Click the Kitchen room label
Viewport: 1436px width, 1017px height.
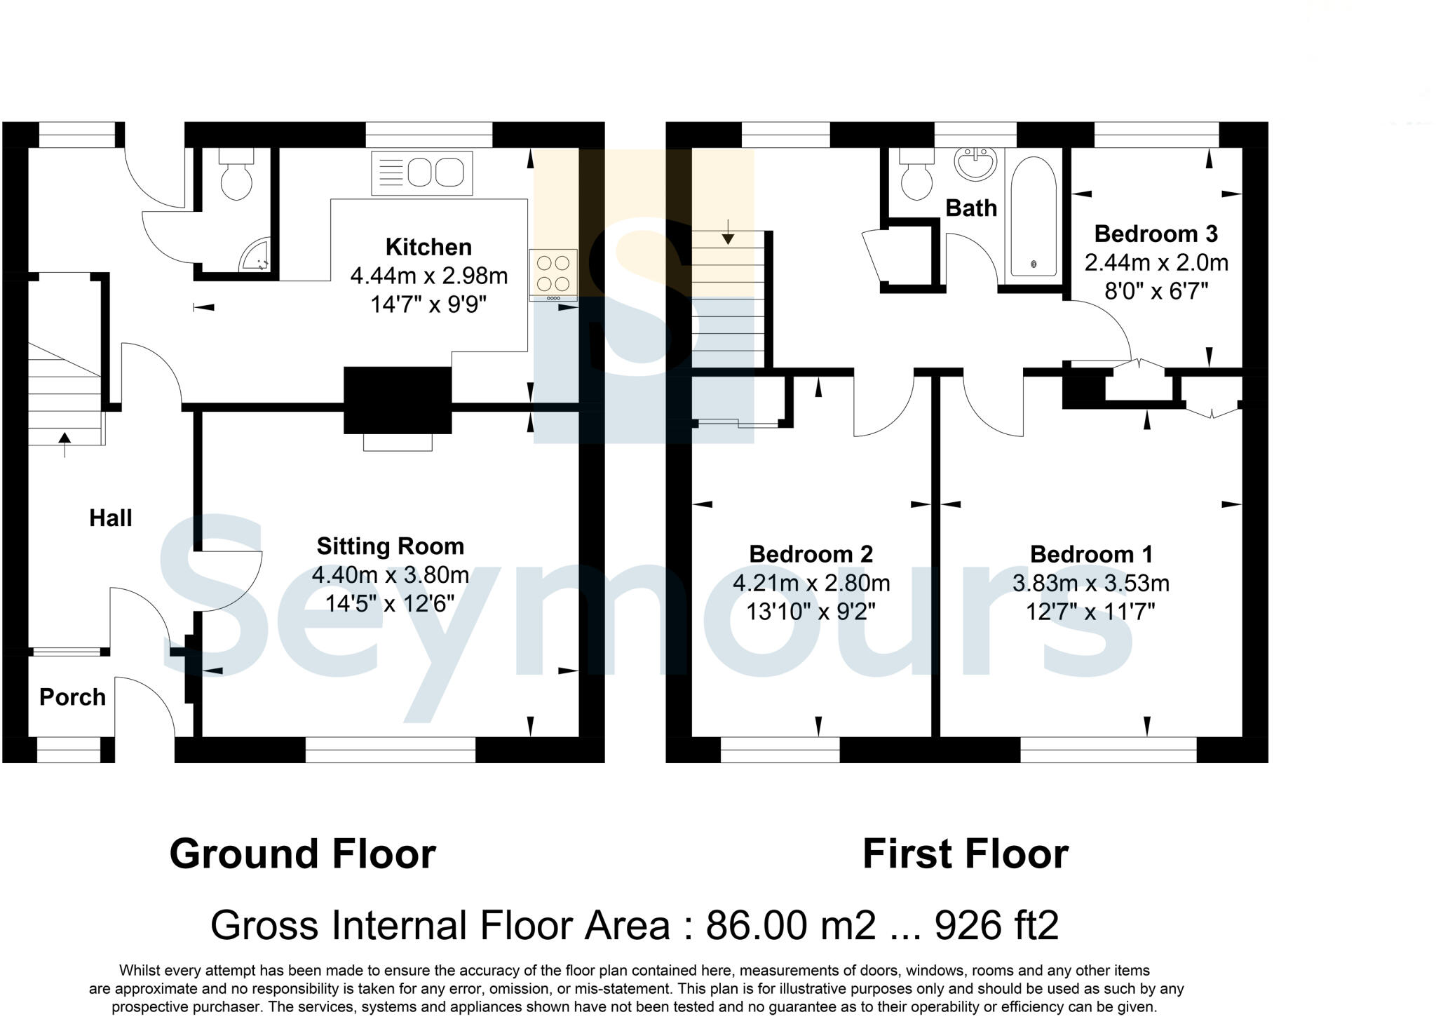(x=428, y=247)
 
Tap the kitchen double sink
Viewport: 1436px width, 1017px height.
(x=422, y=173)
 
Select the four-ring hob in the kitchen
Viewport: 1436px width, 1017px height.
(x=553, y=274)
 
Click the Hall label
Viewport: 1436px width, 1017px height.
(x=110, y=518)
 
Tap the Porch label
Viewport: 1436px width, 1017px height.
(x=72, y=697)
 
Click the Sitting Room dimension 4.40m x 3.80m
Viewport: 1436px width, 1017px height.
(x=391, y=575)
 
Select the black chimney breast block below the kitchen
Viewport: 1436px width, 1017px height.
(x=398, y=400)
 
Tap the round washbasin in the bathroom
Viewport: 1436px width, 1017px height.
(x=975, y=164)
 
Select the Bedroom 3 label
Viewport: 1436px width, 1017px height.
(x=1156, y=234)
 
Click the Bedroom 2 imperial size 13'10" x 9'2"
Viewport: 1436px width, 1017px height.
(x=811, y=612)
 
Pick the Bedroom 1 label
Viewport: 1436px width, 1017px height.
(x=1091, y=554)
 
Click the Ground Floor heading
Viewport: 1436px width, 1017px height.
(x=303, y=854)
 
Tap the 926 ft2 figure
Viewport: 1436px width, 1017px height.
(x=996, y=926)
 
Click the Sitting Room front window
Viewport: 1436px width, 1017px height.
(x=391, y=750)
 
